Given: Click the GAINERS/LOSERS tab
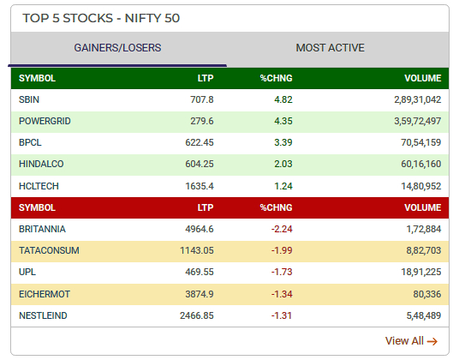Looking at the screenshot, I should pos(117,48).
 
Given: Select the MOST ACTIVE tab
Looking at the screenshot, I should pos(330,48).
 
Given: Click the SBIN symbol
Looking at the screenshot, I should pos(28,99).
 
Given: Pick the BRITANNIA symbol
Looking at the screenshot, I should pos(42,229).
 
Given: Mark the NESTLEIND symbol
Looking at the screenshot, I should pos(43,315).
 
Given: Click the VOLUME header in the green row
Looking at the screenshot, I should pos(422,78).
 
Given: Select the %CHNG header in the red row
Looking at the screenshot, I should pos(277,207).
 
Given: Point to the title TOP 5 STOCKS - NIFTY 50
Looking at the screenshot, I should pos(101,17).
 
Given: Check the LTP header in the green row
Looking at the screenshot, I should pos(206,78).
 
